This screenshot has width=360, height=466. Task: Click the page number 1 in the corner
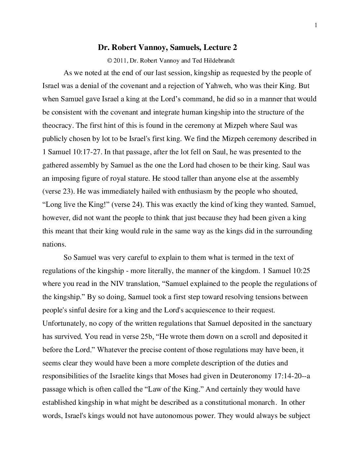click(x=316, y=25)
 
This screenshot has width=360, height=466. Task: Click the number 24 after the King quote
click(x=136, y=205)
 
